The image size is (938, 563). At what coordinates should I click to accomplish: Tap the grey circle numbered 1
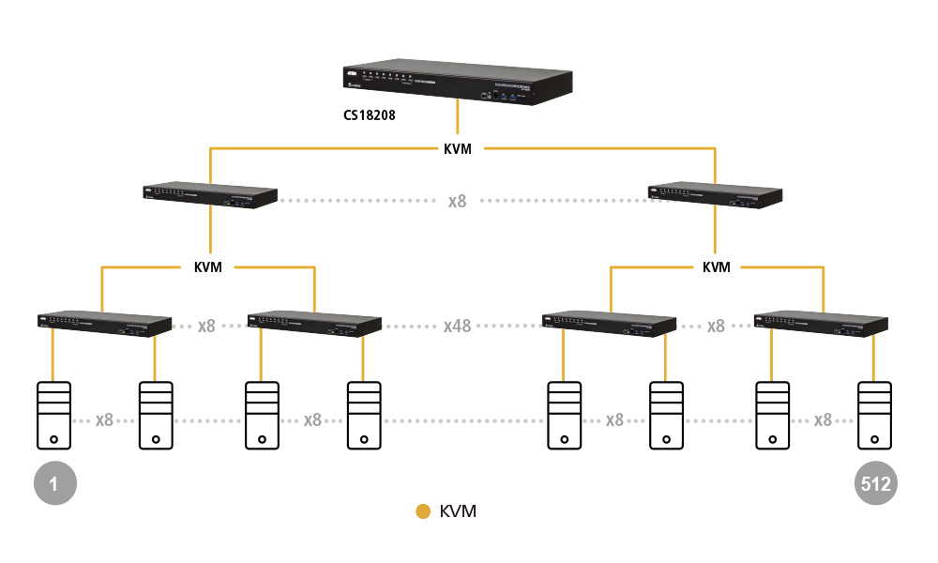(53, 484)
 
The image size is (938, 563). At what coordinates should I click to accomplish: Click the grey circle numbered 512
(876, 484)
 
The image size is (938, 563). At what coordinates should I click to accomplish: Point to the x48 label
(458, 326)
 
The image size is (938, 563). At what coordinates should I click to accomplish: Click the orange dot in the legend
(423, 511)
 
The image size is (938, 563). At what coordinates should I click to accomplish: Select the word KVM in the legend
(458, 511)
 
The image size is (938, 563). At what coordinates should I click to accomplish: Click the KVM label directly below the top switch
(457, 148)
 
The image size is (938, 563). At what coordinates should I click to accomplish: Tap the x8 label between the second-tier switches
(457, 201)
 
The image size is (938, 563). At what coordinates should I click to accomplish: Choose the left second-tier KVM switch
(210, 195)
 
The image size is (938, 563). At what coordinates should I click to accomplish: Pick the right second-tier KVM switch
(716, 195)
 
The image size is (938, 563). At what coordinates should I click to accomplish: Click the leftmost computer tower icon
(53, 416)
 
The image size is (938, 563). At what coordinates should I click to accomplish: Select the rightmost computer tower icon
(874, 416)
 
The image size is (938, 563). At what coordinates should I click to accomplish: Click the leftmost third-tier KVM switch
(103, 323)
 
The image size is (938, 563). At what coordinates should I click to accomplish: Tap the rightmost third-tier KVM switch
(822, 323)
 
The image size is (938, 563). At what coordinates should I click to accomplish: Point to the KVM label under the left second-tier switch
(207, 267)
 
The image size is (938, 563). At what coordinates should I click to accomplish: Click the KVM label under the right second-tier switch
(716, 267)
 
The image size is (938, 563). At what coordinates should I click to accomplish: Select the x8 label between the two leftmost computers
(104, 419)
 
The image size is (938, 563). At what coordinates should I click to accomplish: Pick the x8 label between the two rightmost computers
(823, 419)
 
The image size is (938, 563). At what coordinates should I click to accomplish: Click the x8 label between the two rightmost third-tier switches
(716, 326)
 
